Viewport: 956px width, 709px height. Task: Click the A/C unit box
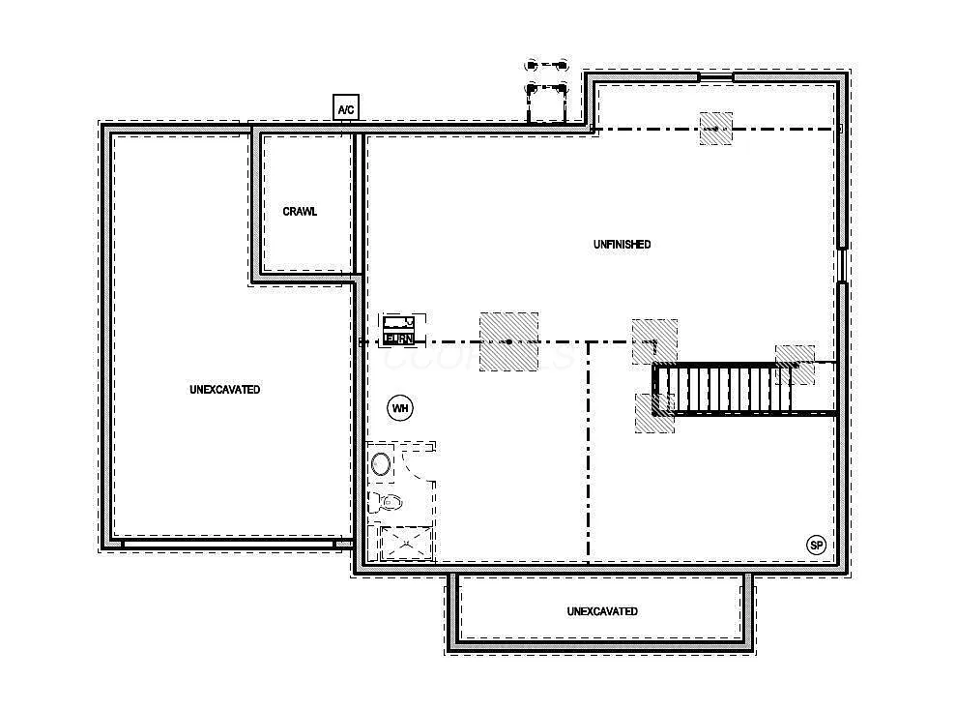coord(345,108)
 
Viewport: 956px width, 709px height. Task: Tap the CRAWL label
coord(300,212)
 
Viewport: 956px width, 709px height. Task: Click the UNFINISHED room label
coord(622,245)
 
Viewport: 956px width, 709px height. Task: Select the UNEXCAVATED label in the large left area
coord(224,390)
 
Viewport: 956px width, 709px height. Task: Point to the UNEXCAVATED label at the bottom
coord(601,611)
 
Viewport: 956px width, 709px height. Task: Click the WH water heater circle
coord(399,409)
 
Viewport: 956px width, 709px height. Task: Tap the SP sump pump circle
coord(817,546)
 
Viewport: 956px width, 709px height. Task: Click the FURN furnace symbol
coord(399,331)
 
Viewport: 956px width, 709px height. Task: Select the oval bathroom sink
coord(382,463)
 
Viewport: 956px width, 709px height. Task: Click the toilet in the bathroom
coord(389,502)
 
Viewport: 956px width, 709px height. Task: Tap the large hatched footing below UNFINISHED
coord(509,340)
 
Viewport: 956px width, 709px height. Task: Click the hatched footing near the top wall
coord(715,129)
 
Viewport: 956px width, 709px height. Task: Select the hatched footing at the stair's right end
coord(796,365)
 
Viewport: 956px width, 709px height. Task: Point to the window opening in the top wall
coord(715,76)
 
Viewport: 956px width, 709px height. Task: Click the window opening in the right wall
coord(843,263)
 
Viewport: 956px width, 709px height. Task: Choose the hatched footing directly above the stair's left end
coord(654,341)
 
